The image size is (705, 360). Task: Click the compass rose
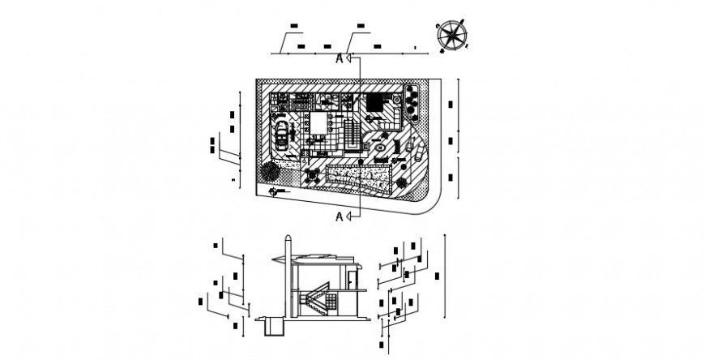[451, 36]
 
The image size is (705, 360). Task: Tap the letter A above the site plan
[340, 58]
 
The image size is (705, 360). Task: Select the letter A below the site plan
[340, 215]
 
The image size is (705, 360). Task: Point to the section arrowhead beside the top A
[348, 58]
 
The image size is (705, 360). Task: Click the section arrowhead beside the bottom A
[348, 215]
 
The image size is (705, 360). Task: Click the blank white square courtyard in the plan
[318, 124]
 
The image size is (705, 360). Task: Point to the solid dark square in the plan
[375, 103]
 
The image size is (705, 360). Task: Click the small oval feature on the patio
[380, 148]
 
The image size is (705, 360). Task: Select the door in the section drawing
[351, 281]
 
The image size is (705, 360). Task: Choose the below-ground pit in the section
[271, 326]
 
